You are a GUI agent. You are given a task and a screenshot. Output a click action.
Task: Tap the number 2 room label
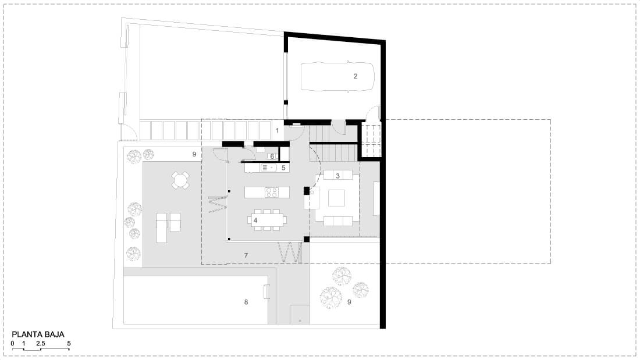pyautogui.click(x=355, y=76)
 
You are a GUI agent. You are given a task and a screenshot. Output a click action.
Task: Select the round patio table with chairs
pyautogui.click(x=180, y=180)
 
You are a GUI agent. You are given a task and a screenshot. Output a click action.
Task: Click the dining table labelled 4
pyautogui.click(x=267, y=220)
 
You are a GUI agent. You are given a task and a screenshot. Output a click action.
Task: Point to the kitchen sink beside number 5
pyautogui.click(x=269, y=167)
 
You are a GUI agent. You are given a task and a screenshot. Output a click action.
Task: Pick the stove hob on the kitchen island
pyautogui.click(x=272, y=193)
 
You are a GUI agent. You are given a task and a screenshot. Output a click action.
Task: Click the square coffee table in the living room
pyautogui.click(x=336, y=198)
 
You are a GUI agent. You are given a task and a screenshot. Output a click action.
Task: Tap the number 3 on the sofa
pyautogui.click(x=337, y=176)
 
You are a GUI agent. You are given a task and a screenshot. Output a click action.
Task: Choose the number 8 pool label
pyautogui.click(x=246, y=302)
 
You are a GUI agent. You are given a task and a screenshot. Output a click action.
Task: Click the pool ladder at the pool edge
pyautogui.click(x=266, y=291)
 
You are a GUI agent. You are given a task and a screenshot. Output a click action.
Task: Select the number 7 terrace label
pyautogui.click(x=246, y=255)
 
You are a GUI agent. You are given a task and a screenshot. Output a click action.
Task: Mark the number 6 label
pyautogui.click(x=272, y=156)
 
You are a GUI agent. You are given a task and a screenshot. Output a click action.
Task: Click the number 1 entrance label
pyautogui.click(x=277, y=131)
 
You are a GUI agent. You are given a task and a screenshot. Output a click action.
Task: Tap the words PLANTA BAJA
pyautogui.click(x=38, y=334)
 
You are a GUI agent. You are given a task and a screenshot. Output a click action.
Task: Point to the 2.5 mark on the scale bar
pyautogui.click(x=40, y=343)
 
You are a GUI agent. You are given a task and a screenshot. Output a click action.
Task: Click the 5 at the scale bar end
pyautogui.click(x=69, y=343)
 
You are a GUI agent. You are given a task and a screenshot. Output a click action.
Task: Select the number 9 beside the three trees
pyautogui.click(x=349, y=302)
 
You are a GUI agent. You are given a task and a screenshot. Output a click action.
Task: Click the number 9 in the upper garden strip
pyautogui.click(x=194, y=154)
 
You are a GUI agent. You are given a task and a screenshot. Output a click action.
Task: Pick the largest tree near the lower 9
pyautogui.click(x=330, y=297)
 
